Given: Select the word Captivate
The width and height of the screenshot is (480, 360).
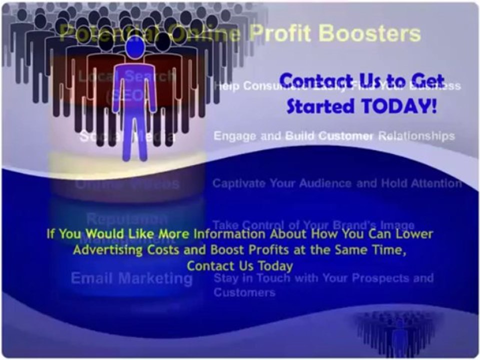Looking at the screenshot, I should pyautogui.click(x=239, y=183).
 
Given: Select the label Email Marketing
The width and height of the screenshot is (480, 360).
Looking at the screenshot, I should pyautogui.click(x=131, y=278).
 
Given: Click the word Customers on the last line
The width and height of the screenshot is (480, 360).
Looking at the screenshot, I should pyautogui.click(x=244, y=292).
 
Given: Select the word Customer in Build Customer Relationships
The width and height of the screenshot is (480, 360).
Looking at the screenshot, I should pyautogui.click(x=348, y=136).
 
